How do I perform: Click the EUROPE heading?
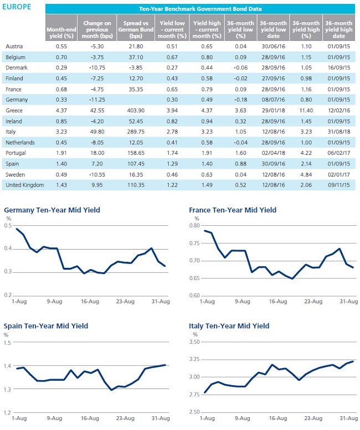17,7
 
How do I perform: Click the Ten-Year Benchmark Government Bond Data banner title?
200,9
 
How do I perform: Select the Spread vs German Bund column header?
136,30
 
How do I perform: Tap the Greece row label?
14,111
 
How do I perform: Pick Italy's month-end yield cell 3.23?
61,132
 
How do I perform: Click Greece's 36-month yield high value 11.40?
306,111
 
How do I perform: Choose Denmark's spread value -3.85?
136,68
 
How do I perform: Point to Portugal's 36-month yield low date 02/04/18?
273,153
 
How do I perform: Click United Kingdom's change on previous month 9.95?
97,185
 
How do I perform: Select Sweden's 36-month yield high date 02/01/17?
339,174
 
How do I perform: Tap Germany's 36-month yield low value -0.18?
240,100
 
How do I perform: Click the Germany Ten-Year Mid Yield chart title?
52,210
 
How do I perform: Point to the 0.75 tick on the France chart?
194,244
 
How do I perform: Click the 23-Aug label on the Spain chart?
125,418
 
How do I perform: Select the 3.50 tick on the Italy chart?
194,341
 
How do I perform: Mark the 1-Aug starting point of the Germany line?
17,229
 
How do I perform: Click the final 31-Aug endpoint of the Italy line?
353,361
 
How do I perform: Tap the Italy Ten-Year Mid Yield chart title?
229,326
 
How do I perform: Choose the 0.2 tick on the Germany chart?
8,295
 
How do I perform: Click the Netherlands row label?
20,143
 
